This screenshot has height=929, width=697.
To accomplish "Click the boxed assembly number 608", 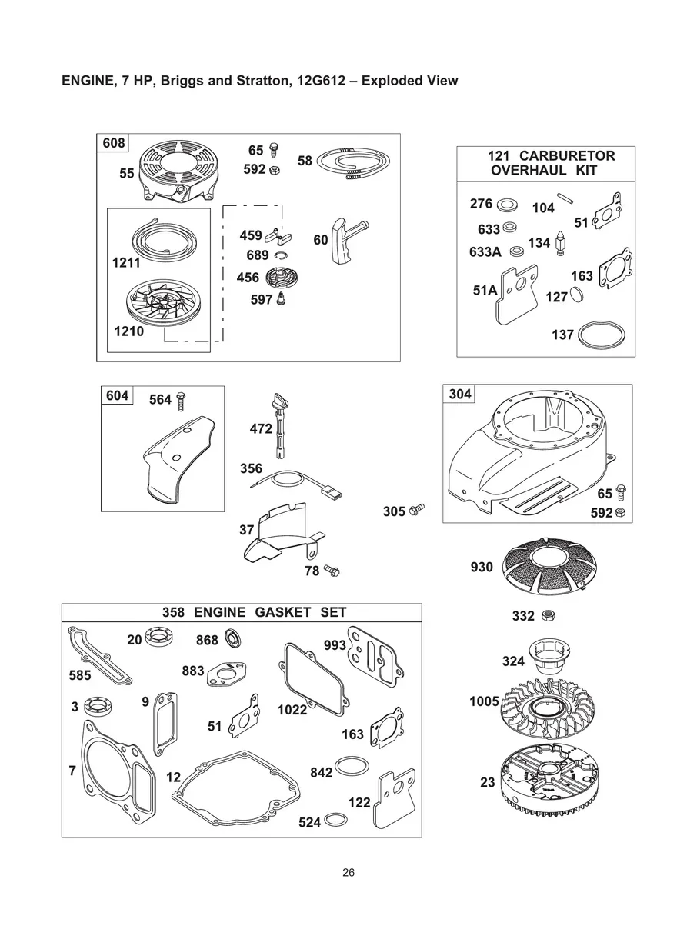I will point(112,144).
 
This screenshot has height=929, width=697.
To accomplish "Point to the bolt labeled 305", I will point(417,509).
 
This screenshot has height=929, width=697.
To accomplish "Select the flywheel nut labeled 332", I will point(549,615).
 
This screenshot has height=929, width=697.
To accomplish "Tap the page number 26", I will point(348,872).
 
